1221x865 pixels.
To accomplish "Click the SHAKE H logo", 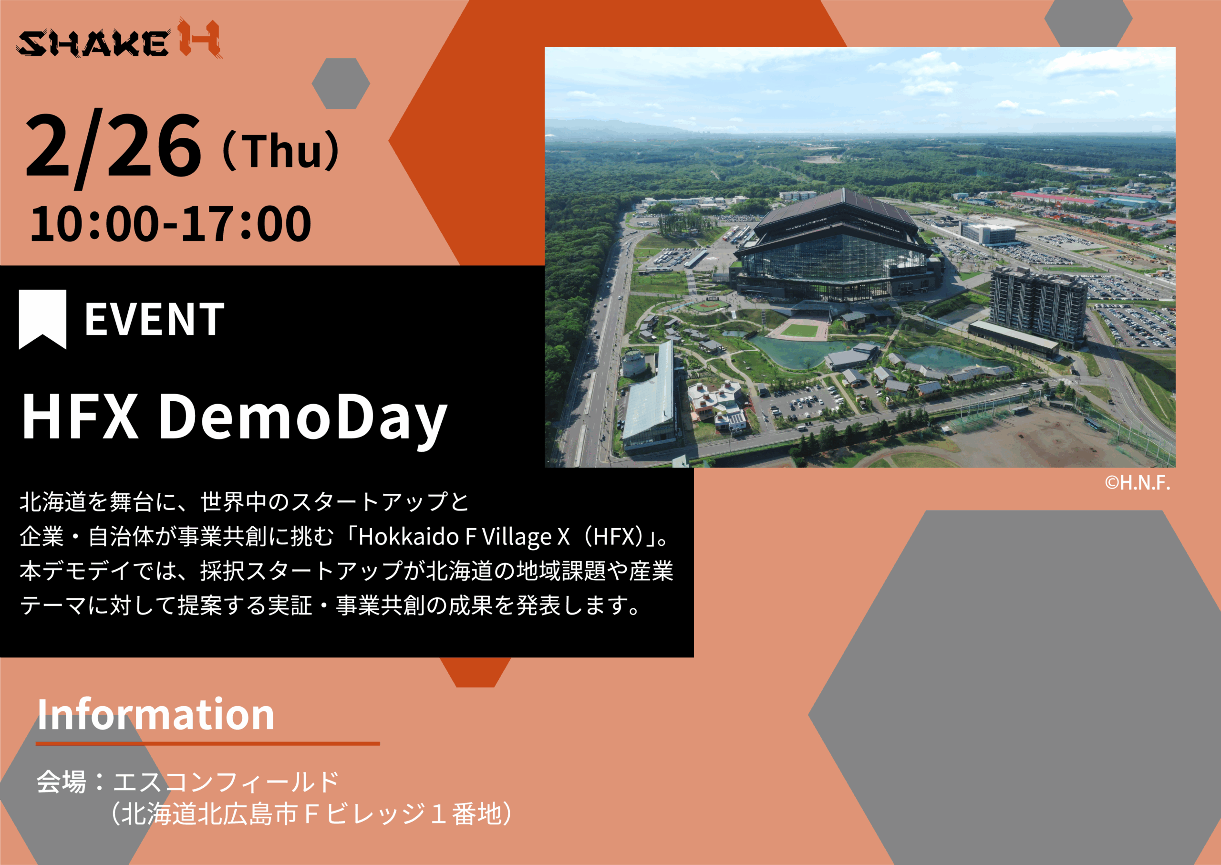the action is click(119, 40).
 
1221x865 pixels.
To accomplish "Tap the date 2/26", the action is click(114, 150).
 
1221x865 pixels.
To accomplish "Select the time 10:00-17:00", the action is click(170, 224).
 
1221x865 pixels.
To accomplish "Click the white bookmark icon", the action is click(42, 320).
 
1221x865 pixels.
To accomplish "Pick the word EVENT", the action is click(155, 320).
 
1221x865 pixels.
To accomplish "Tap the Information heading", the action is click(155, 714).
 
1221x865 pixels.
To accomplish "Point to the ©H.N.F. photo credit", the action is click(1137, 483).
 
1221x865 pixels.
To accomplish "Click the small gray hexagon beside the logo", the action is click(341, 83).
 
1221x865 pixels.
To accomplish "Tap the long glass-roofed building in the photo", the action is click(650, 397).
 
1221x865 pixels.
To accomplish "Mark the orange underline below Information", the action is click(207, 743).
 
